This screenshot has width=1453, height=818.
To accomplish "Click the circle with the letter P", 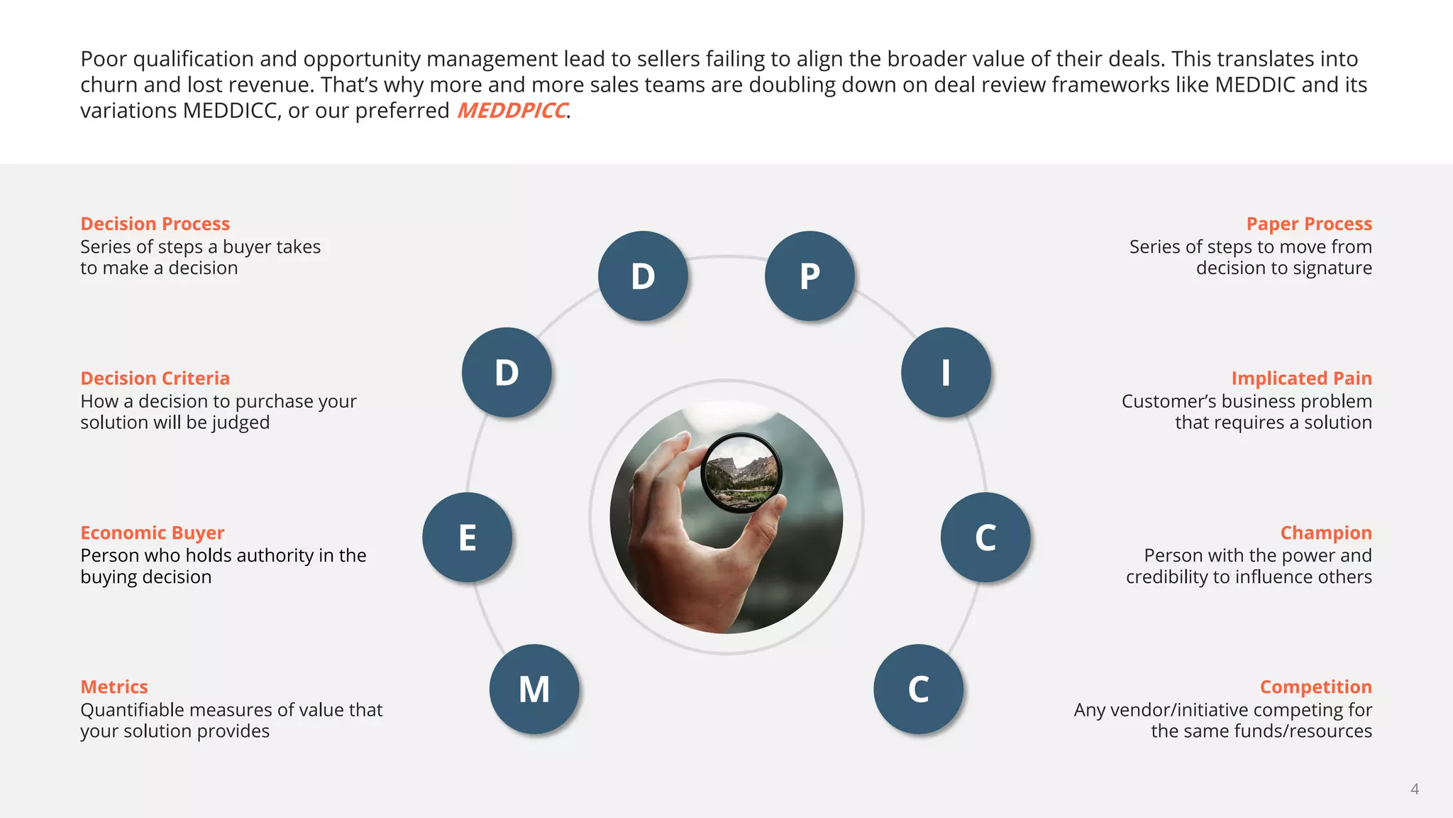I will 810,276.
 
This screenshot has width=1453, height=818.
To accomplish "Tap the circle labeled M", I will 534,689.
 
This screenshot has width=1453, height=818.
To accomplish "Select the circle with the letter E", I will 467,538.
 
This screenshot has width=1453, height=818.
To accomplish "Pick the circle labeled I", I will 946,372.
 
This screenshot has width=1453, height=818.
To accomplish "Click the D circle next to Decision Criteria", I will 507,372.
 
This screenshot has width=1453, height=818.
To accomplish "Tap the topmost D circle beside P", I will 643,276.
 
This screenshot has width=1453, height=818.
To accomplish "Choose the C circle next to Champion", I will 985,538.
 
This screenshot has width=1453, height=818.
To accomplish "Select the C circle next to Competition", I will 918,689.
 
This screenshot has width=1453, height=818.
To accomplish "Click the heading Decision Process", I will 155,224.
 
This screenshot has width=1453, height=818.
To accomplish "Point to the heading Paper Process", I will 1309,224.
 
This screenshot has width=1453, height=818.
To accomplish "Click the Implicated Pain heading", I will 1301,378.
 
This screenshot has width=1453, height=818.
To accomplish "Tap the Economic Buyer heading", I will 152,533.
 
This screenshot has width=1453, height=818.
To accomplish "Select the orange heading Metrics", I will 114,687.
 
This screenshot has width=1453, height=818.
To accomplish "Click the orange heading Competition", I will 1315,687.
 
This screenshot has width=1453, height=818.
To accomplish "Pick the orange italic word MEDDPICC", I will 512,111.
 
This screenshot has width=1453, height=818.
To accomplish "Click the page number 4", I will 1414,789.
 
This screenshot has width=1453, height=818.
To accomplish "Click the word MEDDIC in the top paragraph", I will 1255,84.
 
